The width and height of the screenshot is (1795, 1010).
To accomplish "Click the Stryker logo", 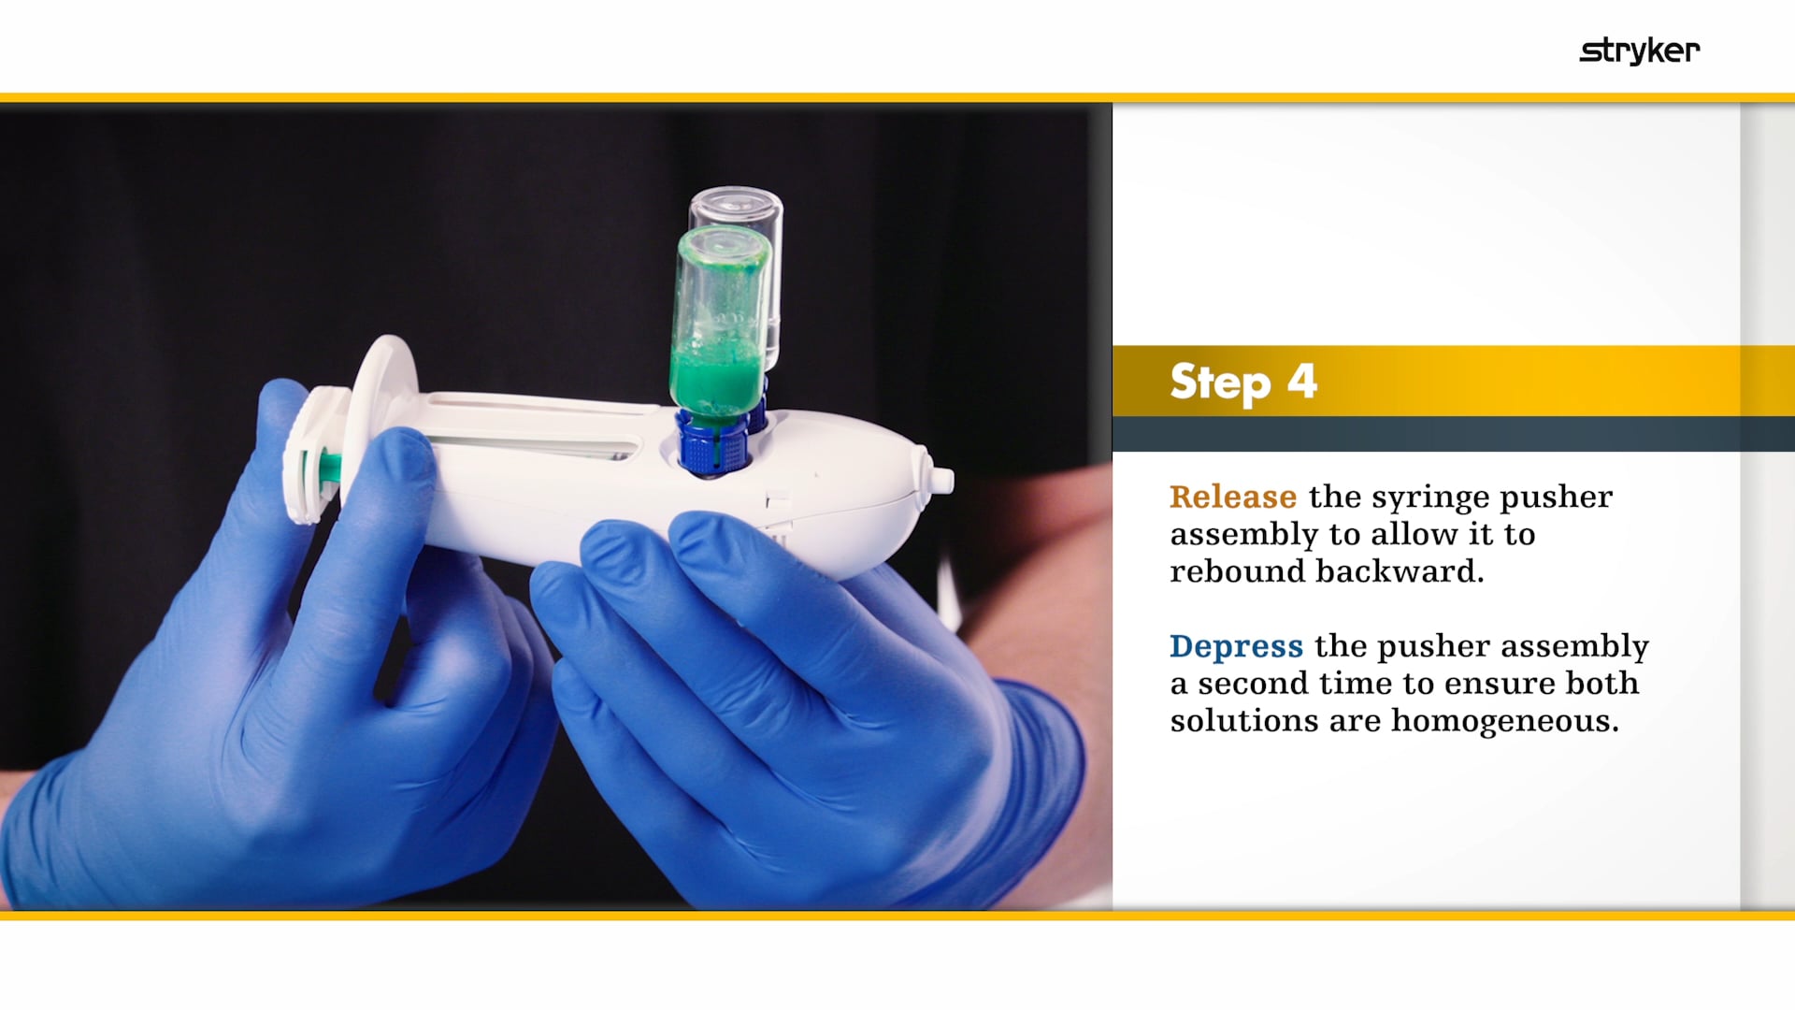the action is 1640,50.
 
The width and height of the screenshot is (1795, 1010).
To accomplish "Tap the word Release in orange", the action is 1233,497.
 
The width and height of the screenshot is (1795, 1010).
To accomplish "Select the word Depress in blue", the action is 1236,646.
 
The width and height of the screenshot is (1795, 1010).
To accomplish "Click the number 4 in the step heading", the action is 1302,381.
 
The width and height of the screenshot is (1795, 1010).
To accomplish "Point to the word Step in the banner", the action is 1220,382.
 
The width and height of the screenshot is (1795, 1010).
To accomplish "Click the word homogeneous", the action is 1504,721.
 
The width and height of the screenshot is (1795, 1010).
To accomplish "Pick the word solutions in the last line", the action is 1228,721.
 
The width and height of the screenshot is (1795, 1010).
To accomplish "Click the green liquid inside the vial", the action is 718,379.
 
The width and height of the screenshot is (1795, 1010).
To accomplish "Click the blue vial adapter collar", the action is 712,445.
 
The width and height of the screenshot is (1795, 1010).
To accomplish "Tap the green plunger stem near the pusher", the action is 328,466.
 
